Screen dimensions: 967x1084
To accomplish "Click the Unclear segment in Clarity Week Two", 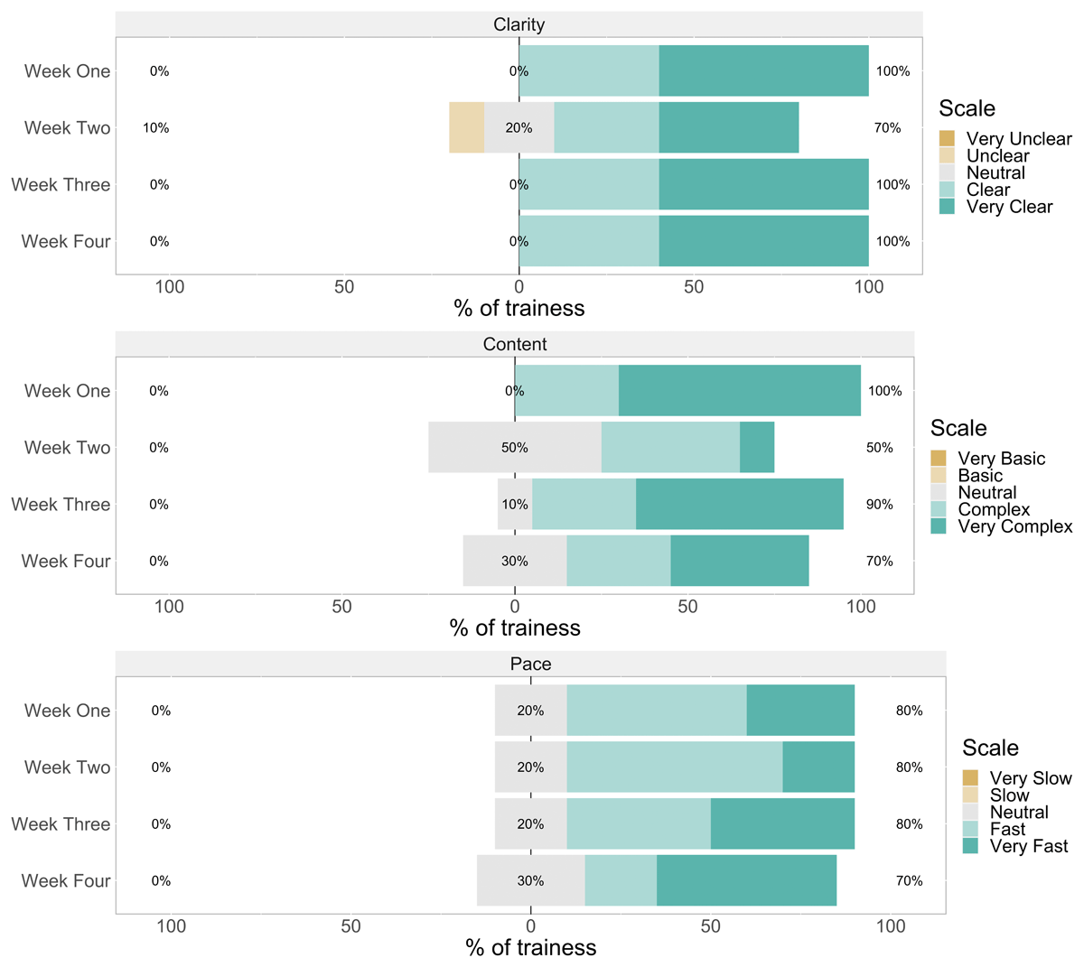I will tap(467, 127).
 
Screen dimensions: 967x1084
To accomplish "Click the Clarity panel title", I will tap(519, 24).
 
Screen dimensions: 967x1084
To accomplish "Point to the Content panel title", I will tap(515, 344).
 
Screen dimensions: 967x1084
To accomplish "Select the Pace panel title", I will tap(530, 664).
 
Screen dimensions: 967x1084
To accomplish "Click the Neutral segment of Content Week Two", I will tap(515, 447).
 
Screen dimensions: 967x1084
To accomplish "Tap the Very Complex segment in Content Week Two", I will tap(757, 447).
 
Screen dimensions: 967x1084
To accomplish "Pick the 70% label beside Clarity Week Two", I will tap(887, 128).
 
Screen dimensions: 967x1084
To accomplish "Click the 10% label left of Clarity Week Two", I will tap(156, 128).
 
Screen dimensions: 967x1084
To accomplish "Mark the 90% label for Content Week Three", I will tap(879, 505).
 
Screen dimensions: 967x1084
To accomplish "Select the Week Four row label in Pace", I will tap(66, 880).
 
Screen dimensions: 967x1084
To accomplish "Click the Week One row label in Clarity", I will tap(67, 71).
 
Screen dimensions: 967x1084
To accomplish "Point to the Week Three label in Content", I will tap(61, 505).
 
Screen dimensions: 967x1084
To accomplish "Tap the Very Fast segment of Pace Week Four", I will tap(746, 880).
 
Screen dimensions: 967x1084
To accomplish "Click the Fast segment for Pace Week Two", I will tap(675, 767).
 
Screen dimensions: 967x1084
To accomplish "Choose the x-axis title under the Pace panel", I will tap(530, 947).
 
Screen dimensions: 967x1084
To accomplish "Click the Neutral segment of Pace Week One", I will tap(530, 711).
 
